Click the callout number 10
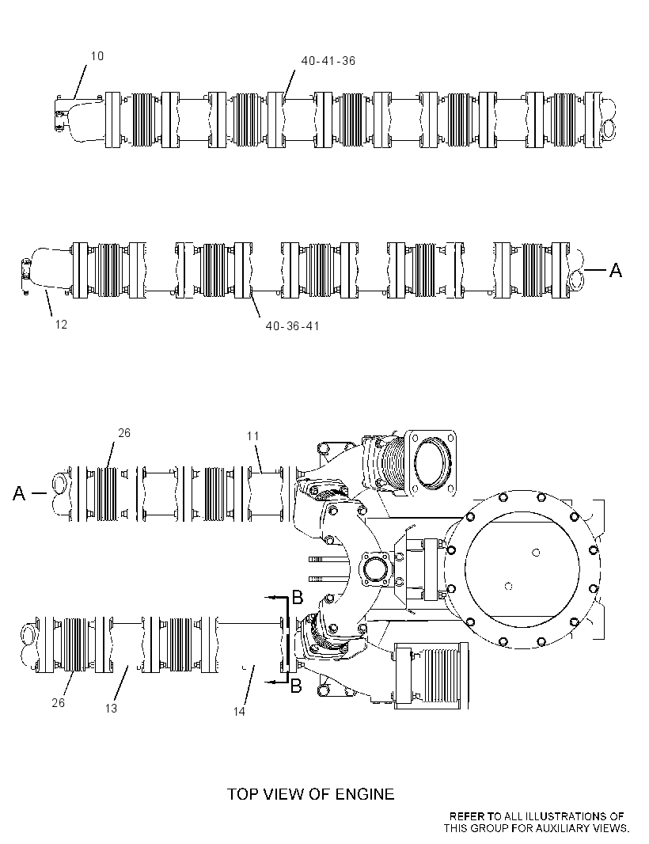click(97, 56)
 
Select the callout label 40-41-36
click(328, 61)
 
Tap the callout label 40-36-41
click(292, 325)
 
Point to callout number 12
click(61, 324)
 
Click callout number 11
click(253, 436)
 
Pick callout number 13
click(111, 709)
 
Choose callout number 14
click(239, 712)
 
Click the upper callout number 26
click(123, 433)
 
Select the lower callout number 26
click(58, 703)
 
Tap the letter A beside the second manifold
click(615, 270)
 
